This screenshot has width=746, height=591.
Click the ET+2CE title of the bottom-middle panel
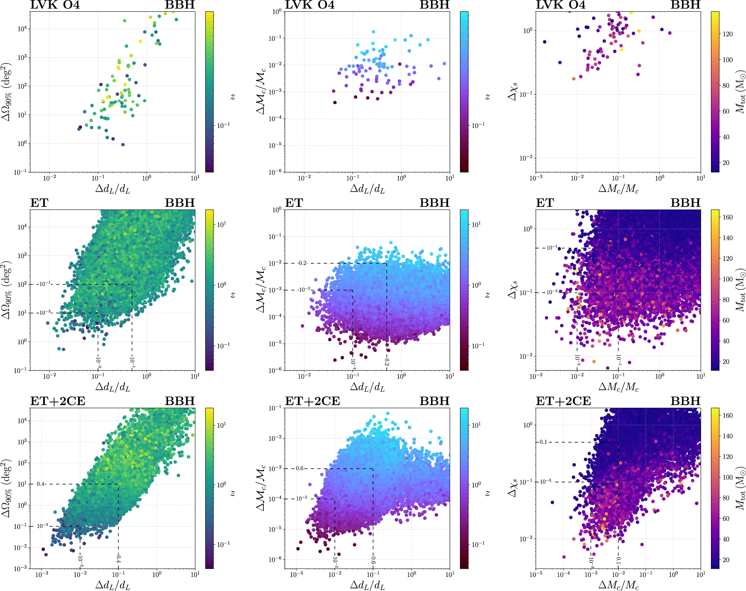[312, 401]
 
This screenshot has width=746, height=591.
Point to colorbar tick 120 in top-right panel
[728, 34]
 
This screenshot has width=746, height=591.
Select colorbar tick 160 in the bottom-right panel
[728, 415]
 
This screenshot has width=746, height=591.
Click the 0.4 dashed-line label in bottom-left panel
[41, 484]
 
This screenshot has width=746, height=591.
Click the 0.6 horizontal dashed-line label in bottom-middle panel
[300, 468]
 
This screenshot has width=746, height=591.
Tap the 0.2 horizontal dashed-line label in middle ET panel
[303, 263]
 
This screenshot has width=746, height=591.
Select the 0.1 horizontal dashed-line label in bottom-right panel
[544, 442]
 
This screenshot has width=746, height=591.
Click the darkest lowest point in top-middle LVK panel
[334, 102]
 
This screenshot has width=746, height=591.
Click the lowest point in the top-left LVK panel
[123, 145]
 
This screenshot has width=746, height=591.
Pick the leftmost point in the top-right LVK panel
[544, 42]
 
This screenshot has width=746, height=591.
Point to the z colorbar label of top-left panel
[232, 97]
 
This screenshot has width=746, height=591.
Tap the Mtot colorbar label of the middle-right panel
[740, 290]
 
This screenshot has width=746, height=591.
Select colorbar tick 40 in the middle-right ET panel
[726, 341]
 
